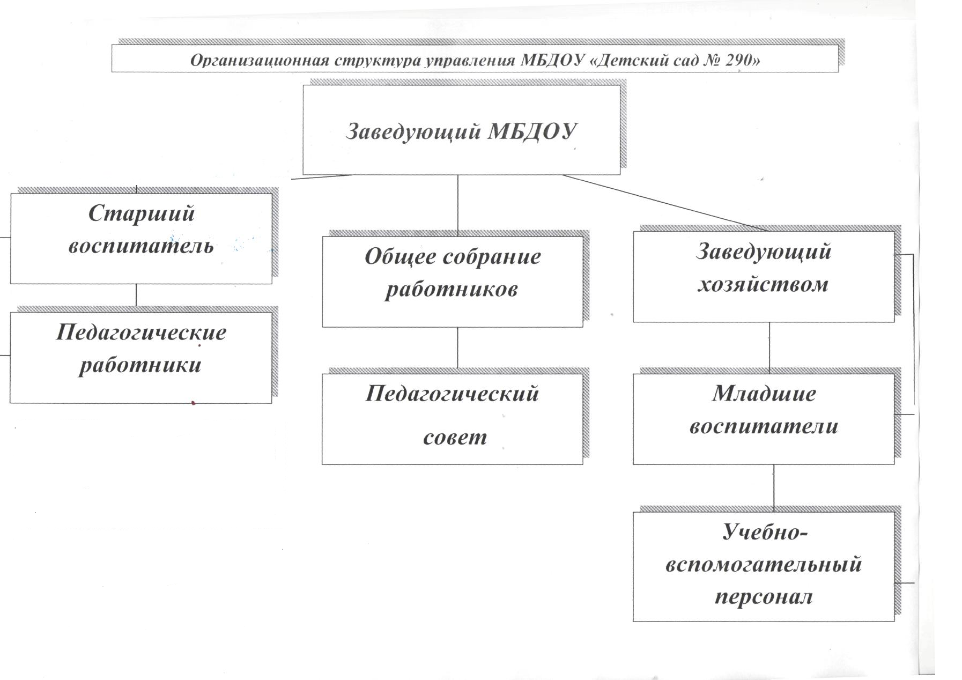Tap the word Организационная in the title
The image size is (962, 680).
click(x=259, y=60)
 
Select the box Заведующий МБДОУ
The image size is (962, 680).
click(x=461, y=130)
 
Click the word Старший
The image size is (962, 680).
click(x=141, y=213)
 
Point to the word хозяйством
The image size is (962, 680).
click(x=763, y=284)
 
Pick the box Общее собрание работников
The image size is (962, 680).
click(x=452, y=281)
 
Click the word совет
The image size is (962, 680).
click(x=455, y=437)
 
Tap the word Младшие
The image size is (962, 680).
click(x=764, y=394)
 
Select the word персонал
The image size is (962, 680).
click(x=764, y=596)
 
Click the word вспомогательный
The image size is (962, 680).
click(x=764, y=564)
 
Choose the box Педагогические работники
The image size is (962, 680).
click(x=140, y=357)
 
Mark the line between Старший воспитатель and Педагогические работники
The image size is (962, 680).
click(x=136, y=295)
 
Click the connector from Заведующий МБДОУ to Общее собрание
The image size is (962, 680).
click(x=457, y=205)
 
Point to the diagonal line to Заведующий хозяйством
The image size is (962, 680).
click(x=665, y=203)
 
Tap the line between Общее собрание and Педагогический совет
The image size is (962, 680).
click(x=457, y=348)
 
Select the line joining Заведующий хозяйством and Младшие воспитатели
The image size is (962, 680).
click(x=769, y=348)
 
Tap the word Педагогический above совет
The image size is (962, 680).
click(x=452, y=394)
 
